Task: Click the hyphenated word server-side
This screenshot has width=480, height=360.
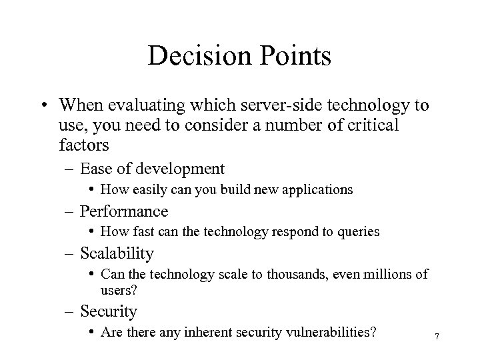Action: [x=257, y=106]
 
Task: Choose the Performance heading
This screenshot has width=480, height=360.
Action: [x=124, y=212]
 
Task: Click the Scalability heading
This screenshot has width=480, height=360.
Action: [x=117, y=254]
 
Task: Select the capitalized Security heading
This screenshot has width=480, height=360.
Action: [x=109, y=311]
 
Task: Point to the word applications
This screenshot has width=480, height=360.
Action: [x=317, y=190]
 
